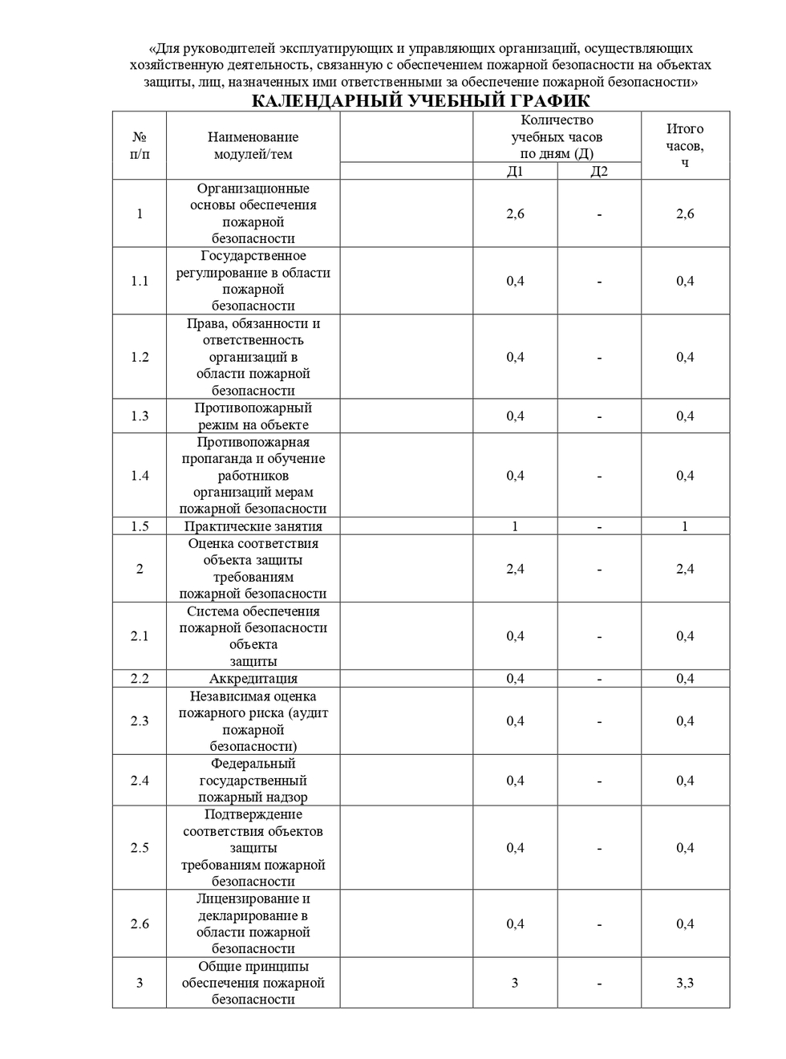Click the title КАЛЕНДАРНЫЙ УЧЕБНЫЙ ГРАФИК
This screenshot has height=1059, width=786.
[x=420, y=101]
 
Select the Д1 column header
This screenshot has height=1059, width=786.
[x=515, y=171]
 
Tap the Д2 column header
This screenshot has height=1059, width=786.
[x=599, y=171]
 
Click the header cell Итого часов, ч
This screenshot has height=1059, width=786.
[x=685, y=145]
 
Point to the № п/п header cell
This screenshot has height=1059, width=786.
[x=140, y=145]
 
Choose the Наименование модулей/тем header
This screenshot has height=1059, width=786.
[x=253, y=145]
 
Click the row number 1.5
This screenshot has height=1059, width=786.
[x=140, y=526]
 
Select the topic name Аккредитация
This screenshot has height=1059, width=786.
[x=253, y=679]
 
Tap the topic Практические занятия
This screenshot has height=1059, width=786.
[x=253, y=526]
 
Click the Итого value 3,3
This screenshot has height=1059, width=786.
[x=685, y=983]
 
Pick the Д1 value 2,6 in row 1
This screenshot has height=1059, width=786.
[x=515, y=213]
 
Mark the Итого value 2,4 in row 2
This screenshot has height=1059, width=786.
[x=685, y=569]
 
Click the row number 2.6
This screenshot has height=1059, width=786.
[x=140, y=923]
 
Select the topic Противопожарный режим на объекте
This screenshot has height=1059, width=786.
[x=253, y=416]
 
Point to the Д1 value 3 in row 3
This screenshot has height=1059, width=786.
[x=515, y=983]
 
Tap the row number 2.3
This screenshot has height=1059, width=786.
[x=140, y=720]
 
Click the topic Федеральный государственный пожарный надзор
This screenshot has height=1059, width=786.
[x=253, y=781]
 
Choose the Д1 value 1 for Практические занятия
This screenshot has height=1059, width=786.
[x=515, y=526]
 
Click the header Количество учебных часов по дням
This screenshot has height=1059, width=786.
[x=557, y=136]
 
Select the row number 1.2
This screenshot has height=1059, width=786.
[x=140, y=357]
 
